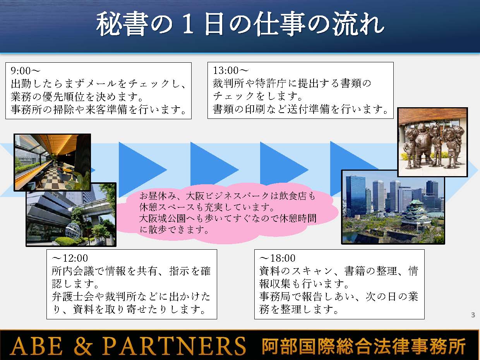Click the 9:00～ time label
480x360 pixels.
26,70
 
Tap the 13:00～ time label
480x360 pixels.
231,70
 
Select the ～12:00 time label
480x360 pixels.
70,258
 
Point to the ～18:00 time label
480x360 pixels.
277,258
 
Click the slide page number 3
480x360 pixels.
473,315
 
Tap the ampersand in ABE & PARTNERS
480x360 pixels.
82,346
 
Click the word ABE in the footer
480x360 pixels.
36,346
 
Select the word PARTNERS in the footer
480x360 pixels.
174,346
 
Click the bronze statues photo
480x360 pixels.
432,142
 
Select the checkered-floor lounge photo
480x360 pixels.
52,163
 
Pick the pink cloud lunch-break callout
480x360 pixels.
226,213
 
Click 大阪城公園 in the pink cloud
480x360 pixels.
162,218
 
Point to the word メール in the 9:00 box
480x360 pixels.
101,84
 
